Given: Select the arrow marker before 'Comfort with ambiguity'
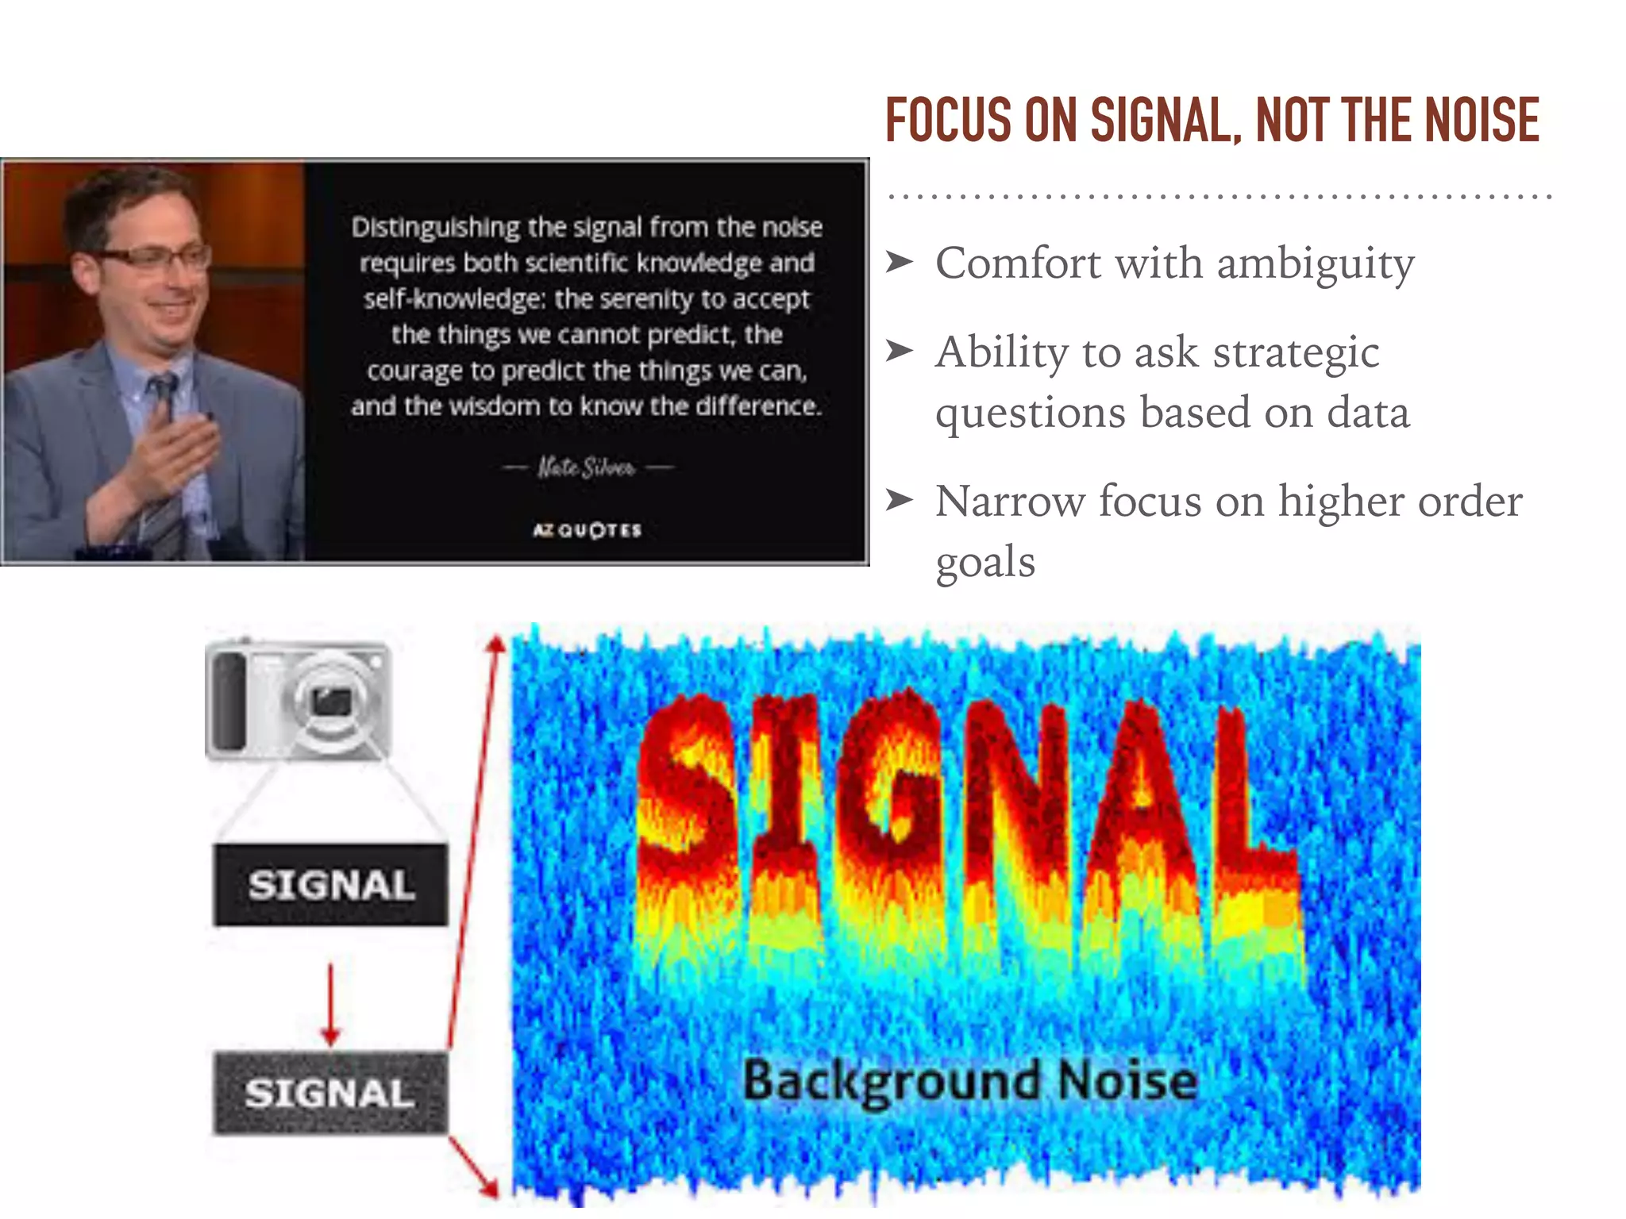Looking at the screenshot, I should [x=900, y=261].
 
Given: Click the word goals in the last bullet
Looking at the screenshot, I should [x=985, y=563].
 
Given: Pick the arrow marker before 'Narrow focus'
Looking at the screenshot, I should [x=900, y=500].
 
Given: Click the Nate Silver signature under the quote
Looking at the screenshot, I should [x=587, y=467].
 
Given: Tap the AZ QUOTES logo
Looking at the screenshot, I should [x=587, y=530].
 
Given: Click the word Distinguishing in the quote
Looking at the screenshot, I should [x=434, y=228].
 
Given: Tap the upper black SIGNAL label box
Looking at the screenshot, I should [x=330, y=885].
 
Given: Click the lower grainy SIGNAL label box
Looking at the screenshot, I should [x=330, y=1093].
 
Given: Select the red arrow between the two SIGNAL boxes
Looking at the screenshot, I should [x=330, y=1004].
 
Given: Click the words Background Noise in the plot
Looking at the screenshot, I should [x=969, y=1082].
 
